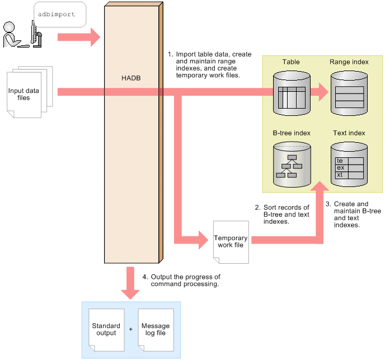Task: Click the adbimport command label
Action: coord(57,15)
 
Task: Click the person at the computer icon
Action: coord(22,35)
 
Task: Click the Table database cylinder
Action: coord(292,93)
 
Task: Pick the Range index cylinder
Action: coord(349,93)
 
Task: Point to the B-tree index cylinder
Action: coord(292,165)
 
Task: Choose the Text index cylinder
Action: coord(349,165)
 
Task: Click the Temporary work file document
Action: coord(230,241)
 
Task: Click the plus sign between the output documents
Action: coord(130,329)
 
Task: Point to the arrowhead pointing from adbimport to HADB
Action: coord(93,38)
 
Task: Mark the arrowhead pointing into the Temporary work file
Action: coord(203,241)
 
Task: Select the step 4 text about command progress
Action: coord(185,280)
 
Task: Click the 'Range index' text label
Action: coord(349,62)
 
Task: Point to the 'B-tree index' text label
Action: coord(292,133)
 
